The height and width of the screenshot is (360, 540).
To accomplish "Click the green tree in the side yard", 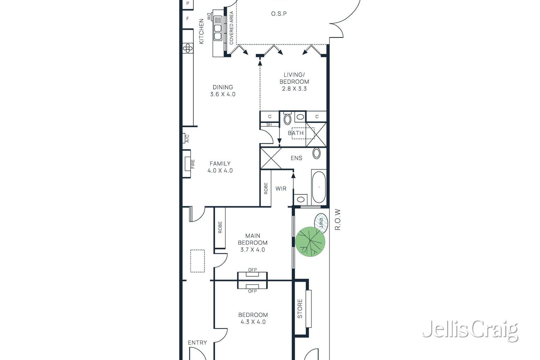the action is click(x=310, y=242).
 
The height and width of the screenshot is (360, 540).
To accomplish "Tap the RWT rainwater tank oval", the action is click(x=321, y=223).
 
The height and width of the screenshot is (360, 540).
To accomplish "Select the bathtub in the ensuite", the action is click(x=319, y=187).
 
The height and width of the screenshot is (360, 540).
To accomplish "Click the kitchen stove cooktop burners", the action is click(x=188, y=48).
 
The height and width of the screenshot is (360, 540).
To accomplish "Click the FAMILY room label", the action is click(x=220, y=164).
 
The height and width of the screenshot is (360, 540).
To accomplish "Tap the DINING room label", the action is click(x=223, y=87).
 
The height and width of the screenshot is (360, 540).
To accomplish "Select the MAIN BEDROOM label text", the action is click(x=253, y=239).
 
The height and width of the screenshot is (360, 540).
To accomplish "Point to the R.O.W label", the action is click(x=338, y=220).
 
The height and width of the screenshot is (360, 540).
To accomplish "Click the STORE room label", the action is click(x=300, y=309).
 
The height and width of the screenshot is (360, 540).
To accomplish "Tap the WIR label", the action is click(x=281, y=189).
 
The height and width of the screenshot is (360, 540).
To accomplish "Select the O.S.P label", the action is click(x=279, y=14).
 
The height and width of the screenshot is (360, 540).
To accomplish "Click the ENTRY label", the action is click(x=197, y=342).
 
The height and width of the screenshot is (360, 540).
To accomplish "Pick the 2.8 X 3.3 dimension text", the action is click(x=294, y=89).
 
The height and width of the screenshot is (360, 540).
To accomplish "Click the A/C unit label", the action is click(x=187, y=138).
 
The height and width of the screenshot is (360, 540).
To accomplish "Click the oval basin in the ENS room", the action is click(x=317, y=153).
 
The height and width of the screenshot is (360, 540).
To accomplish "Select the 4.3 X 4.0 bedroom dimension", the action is click(x=253, y=322).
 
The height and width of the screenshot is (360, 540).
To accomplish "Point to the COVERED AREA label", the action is click(x=232, y=28).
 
